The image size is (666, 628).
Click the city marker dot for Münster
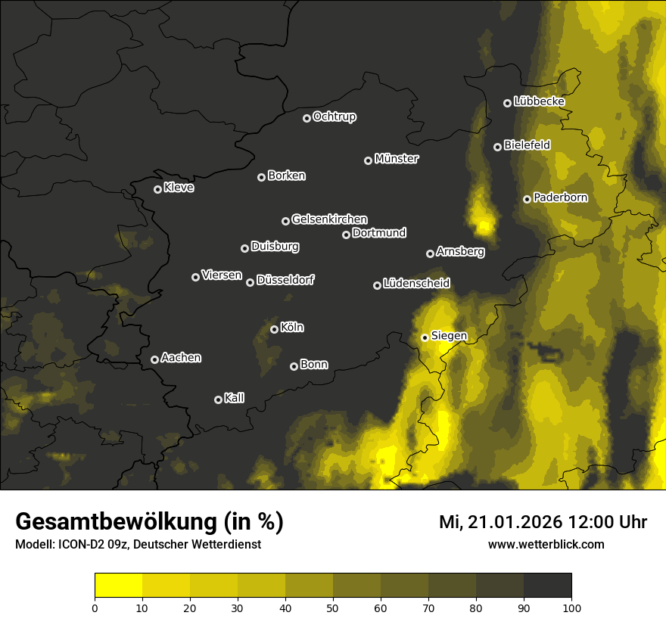point(369,160)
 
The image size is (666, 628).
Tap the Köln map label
point(292,328)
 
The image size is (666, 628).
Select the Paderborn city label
point(560,197)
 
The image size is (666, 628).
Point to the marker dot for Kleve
point(158,189)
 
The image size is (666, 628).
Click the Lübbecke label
point(539,101)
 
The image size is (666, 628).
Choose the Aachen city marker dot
point(155,359)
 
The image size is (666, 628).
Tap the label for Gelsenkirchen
point(329,219)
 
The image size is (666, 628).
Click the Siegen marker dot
point(425,337)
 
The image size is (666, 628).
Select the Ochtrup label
point(334,117)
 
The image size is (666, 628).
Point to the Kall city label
point(235,398)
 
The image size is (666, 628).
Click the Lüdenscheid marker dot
point(378,285)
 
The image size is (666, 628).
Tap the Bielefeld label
point(527,145)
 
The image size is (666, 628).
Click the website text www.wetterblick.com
point(546,545)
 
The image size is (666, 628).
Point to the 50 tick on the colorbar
point(333,607)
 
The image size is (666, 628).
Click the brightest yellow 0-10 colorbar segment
point(119,586)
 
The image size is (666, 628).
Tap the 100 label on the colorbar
point(571,607)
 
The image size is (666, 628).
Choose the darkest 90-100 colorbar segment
point(547,586)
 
